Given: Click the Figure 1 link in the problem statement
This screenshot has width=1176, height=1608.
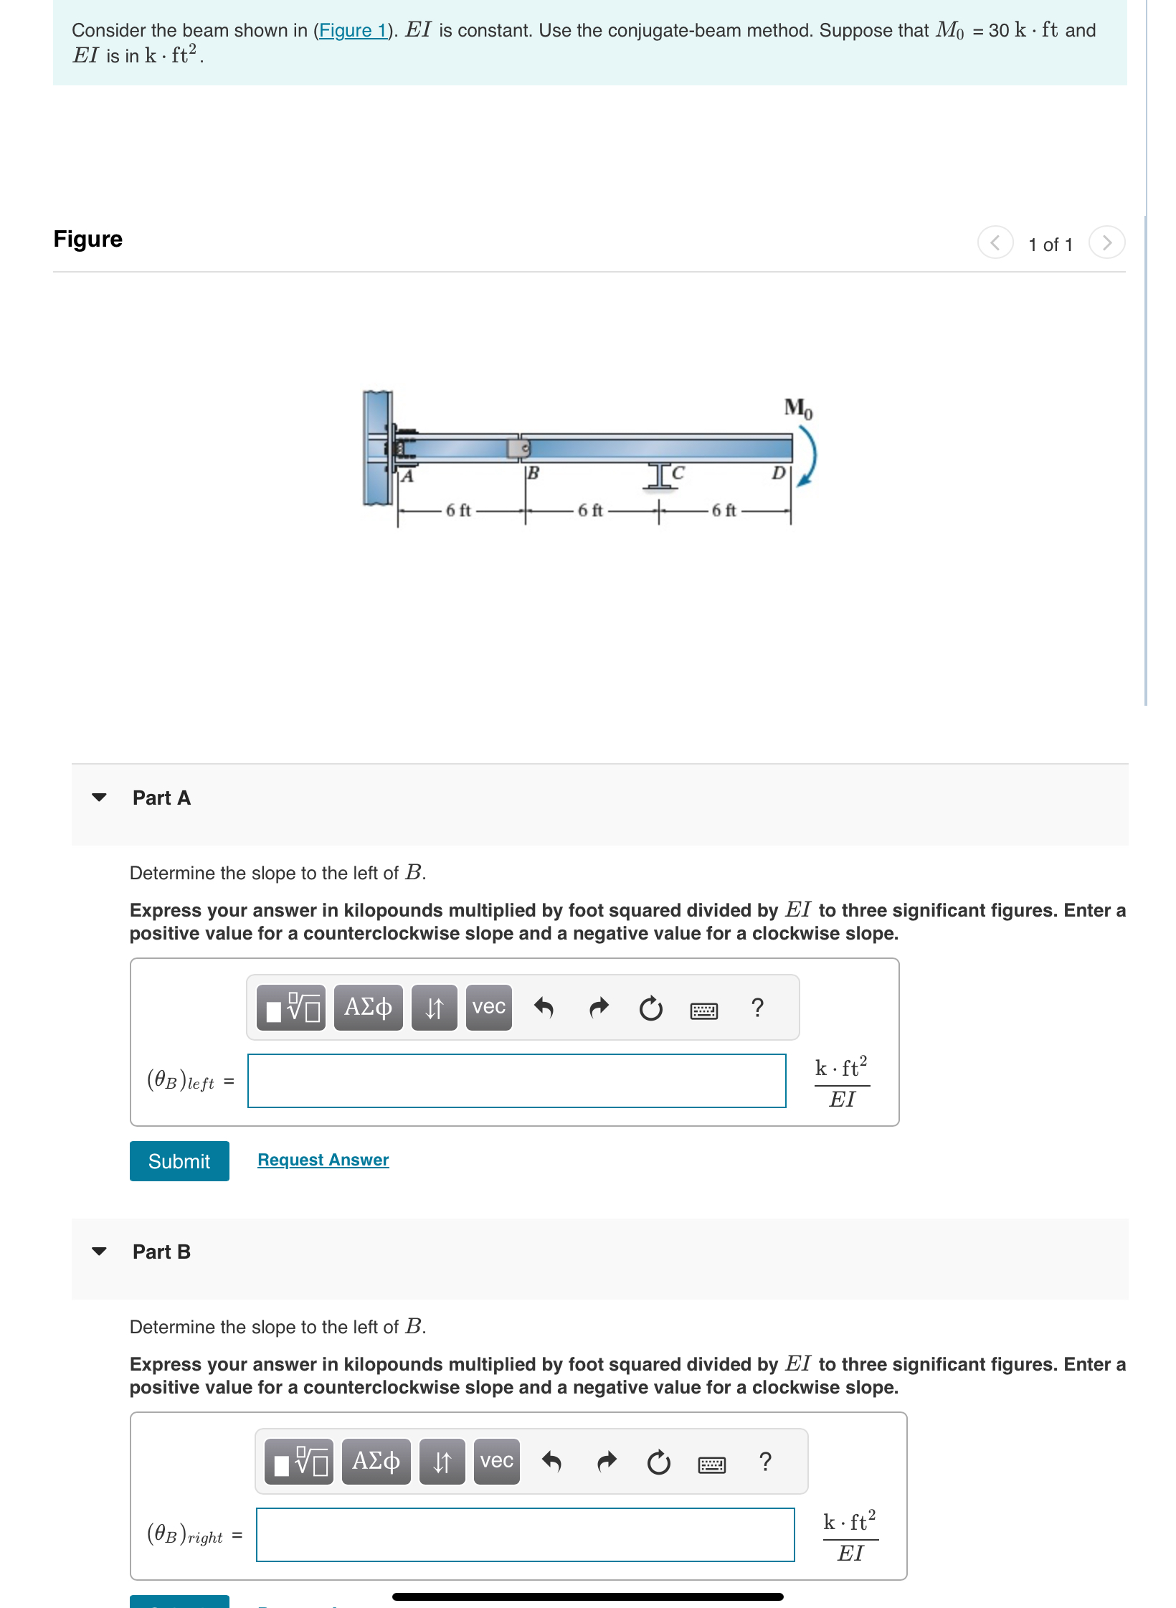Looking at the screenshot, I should (x=352, y=31).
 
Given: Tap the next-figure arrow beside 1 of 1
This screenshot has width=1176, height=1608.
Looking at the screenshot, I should (x=1106, y=242).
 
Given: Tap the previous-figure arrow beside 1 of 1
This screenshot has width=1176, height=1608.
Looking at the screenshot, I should (x=995, y=242).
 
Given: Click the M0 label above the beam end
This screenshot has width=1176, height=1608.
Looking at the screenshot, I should (x=797, y=408).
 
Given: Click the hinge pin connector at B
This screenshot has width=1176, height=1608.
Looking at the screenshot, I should (x=519, y=448).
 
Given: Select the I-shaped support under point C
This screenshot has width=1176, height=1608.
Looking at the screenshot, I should (x=659, y=476).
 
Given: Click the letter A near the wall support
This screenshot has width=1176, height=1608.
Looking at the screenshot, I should (x=407, y=476).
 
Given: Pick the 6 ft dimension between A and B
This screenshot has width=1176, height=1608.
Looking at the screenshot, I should (x=458, y=511).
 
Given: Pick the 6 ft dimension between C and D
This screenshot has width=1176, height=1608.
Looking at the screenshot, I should (x=724, y=511).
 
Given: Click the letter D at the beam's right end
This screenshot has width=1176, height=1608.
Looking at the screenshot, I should (x=778, y=473).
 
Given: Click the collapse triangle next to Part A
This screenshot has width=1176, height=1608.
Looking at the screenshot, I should (x=100, y=798).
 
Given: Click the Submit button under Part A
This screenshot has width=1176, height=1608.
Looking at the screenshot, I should (x=179, y=1161).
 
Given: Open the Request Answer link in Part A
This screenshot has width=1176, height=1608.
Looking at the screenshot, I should (x=323, y=1160).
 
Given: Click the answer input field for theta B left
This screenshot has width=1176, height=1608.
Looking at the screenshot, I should (x=516, y=1081).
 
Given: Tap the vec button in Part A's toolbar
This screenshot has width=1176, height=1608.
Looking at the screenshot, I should (x=488, y=1008).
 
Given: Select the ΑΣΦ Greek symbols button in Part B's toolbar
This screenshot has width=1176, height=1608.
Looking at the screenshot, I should (x=376, y=1462).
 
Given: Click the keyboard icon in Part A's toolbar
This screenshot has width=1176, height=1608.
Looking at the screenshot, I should (x=703, y=1011).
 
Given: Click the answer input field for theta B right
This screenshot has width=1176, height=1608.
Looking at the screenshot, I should (x=525, y=1535).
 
